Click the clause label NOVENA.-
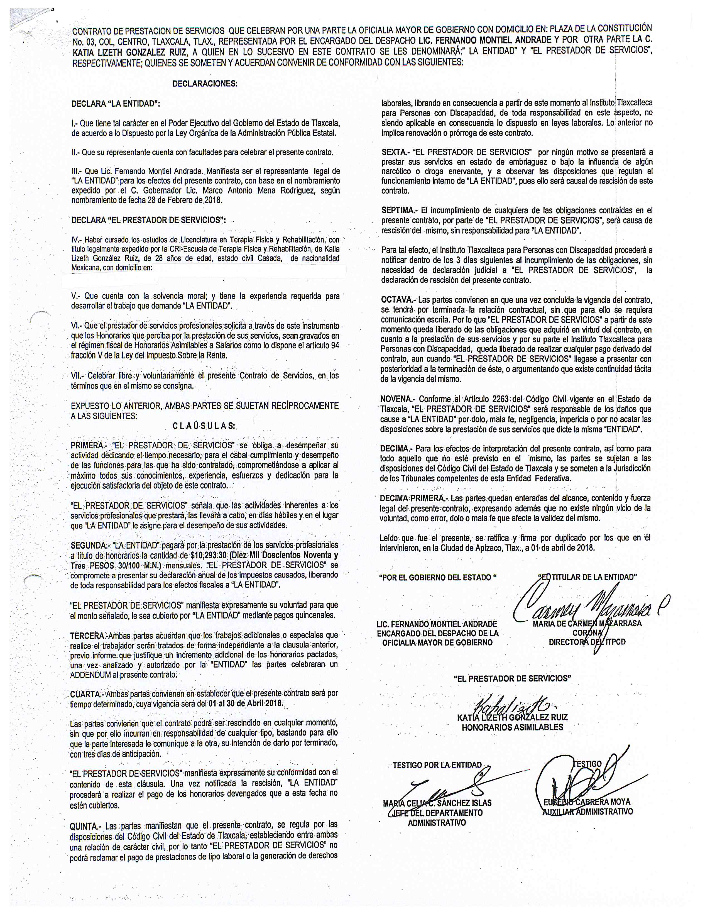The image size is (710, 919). (x=398, y=399)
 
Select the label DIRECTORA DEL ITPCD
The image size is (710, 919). (x=587, y=642)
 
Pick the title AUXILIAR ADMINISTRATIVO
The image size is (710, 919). (x=587, y=812)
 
